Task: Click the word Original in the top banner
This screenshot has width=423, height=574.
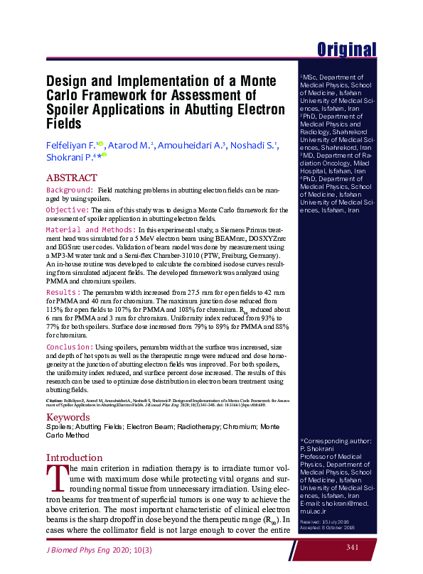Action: click(346, 49)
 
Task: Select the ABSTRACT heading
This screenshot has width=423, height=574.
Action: click(71, 178)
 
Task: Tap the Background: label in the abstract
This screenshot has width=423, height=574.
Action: click(70, 191)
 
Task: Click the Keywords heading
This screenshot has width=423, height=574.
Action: click(68, 418)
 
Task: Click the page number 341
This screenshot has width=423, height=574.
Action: click(353, 547)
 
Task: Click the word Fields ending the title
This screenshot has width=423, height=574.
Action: click(65, 123)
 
